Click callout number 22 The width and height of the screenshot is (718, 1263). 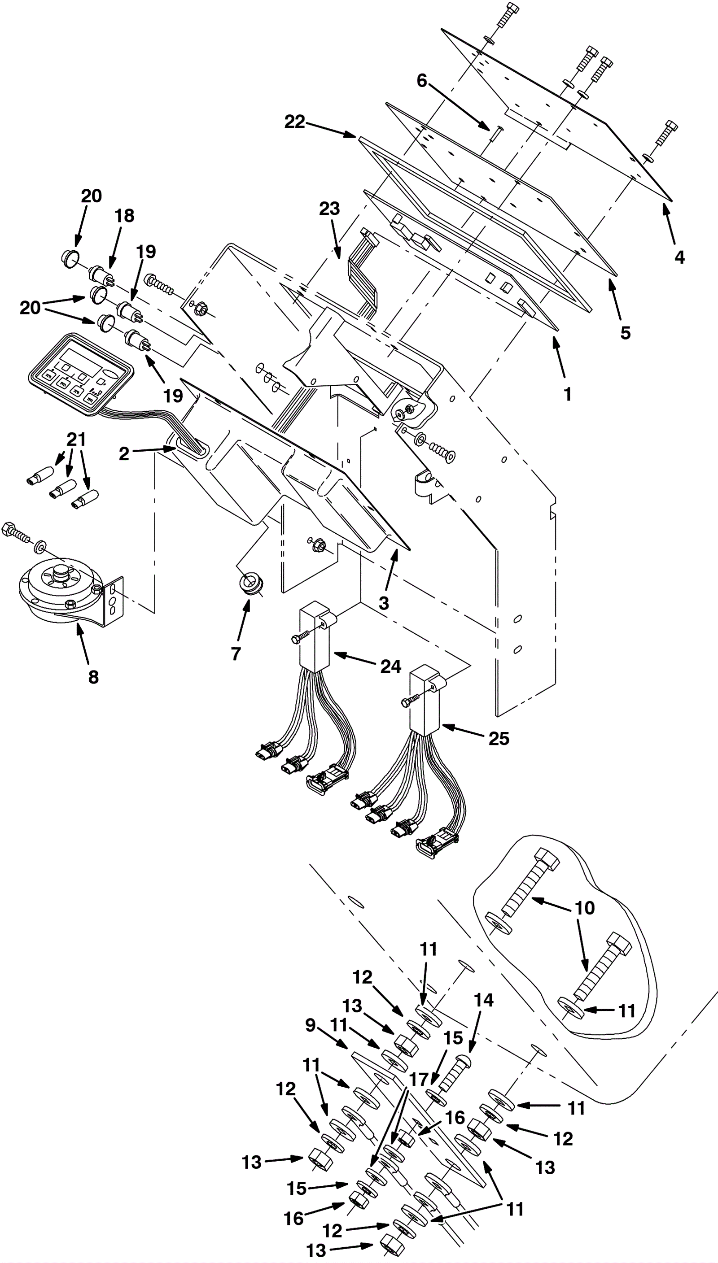coord(295,122)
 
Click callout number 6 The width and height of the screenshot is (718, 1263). coord(422,80)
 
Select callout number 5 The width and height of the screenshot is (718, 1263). coord(625,333)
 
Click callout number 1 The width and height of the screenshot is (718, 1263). coord(568,394)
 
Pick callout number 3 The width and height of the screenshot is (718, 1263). coord(384,603)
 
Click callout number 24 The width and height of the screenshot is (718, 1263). coord(390,666)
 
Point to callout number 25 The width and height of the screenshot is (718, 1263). coord(499,738)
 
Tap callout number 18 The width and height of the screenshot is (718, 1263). coord(124,215)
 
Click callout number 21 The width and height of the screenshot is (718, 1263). coord(76,439)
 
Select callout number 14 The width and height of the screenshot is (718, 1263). coord(483,1000)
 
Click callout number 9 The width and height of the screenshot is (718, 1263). coord(310,1025)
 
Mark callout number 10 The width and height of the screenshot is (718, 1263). coord(585,908)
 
